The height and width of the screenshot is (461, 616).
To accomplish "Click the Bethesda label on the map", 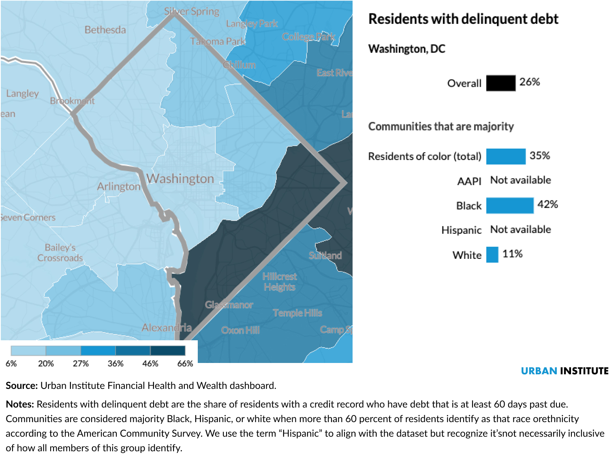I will [x=105, y=30].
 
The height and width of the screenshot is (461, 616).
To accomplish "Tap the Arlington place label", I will [x=118, y=186].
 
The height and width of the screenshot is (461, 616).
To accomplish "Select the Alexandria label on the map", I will [x=167, y=327].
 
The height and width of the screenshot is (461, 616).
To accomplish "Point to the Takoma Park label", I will [x=218, y=41].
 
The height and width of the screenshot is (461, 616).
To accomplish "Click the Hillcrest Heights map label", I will [x=280, y=282].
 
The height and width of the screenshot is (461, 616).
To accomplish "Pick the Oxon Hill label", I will [x=240, y=330].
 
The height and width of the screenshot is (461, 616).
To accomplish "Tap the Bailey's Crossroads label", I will [x=60, y=253].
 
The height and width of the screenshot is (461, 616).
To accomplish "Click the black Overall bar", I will [x=500, y=83].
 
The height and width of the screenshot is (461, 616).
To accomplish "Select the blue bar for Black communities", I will [x=510, y=205].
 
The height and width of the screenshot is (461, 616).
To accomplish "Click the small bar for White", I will [x=492, y=255].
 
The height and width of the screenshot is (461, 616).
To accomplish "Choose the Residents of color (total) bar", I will [x=506, y=156].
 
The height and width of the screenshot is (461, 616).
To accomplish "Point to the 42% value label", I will [x=548, y=204].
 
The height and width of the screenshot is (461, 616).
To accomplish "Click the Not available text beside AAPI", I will [x=520, y=180].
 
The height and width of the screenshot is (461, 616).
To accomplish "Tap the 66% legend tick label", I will [x=185, y=363].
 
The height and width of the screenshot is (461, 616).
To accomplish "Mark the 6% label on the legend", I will [x=11, y=363].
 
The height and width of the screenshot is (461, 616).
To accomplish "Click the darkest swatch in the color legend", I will [x=168, y=350].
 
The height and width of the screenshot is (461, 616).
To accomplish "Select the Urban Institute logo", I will [x=565, y=371].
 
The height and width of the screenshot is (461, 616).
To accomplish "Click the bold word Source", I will [x=21, y=386].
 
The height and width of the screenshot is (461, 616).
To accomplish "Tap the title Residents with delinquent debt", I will [x=463, y=19].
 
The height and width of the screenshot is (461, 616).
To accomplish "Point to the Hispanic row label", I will [x=461, y=230].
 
